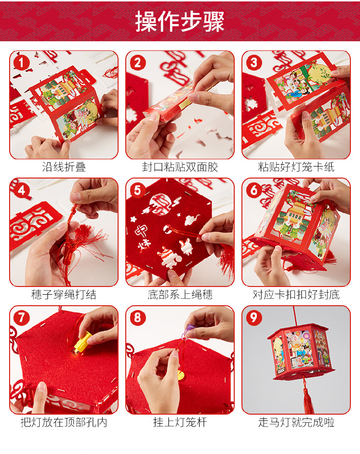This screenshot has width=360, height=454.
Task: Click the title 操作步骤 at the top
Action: pyautogui.click(x=180, y=22)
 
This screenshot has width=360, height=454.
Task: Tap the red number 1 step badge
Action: pyautogui.click(x=21, y=62)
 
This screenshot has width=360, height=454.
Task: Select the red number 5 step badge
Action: pyautogui.click(x=138, y=190)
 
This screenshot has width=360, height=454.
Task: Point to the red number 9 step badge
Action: pyautogui.click(x=254, y=318)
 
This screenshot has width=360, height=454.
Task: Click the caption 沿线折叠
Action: pyautogui.click(x=64, y=167)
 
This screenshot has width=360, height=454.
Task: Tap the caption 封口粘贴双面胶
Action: pyautogui.click(x=180, y=167)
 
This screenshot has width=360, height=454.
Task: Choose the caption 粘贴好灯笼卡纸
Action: pyautogui.click(x=296, y=167)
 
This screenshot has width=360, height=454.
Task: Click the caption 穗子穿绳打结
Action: pyautogui.click(x=64, y=295)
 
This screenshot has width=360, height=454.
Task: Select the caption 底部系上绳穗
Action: pyautogui.click(x=180, y=295)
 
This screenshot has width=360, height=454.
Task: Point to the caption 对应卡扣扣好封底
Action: pyautogui.click(x=296, y=295)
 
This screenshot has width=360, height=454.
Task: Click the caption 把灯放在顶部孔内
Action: pyautogui.click(x=64, y=422)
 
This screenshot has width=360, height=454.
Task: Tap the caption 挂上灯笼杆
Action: pyautogui.click(x=180, y=422)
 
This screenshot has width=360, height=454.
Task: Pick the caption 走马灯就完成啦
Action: pyautogui.click(x=296, y=422)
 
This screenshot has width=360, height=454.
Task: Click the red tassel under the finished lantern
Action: pyautogui.click(x=308, y=395)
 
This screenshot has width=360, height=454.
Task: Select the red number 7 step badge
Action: pyautogui.click(x=21, y=318)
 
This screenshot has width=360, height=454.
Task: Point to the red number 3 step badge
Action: pyautogui.click(x=254, y=62)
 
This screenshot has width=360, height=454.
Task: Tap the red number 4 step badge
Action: pyautogui.click(x=21, y=190)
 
